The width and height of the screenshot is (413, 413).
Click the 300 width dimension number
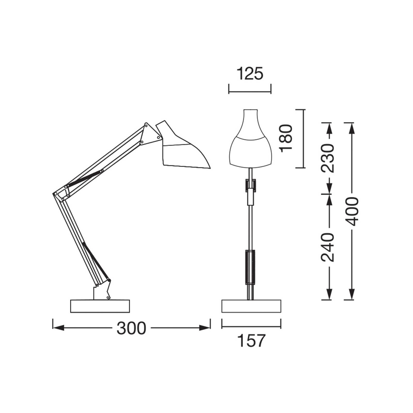click(131, 328)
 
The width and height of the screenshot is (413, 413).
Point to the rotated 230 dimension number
click(328, 158)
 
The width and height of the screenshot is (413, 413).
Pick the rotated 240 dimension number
click(328, 247)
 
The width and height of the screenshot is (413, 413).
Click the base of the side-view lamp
click(100, 306)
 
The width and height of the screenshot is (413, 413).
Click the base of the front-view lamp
click(251, 306)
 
